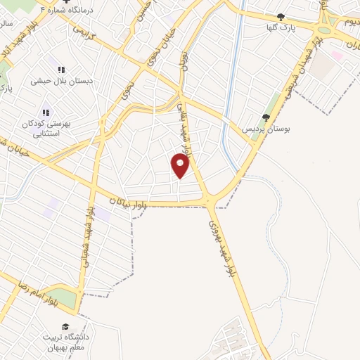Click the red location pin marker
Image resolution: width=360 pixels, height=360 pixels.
tap(180, 165)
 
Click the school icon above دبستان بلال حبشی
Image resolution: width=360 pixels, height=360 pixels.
tap(61, 70)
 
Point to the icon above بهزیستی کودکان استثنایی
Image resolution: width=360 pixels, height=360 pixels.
tap(46, 112)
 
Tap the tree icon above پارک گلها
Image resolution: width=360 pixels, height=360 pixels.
tap(281, 17)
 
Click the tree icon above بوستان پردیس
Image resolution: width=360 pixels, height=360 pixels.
tap(266, 117)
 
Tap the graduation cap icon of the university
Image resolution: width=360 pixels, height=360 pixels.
tap(65, 327)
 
